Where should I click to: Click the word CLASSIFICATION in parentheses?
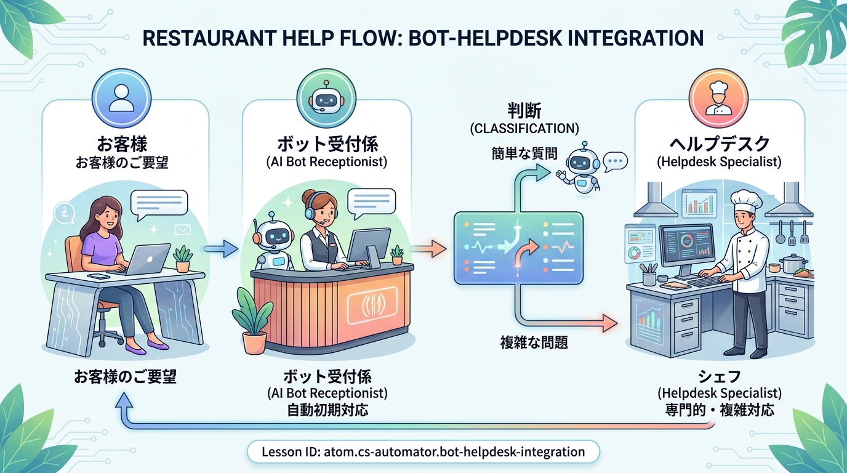[x=524, y=129]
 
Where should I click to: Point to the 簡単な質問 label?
[x=524, y=153]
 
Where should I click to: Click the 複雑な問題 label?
[x=534, y=342]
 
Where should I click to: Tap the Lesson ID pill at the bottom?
[x=423, y=451]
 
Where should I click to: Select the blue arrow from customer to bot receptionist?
[x=220, y=249]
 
